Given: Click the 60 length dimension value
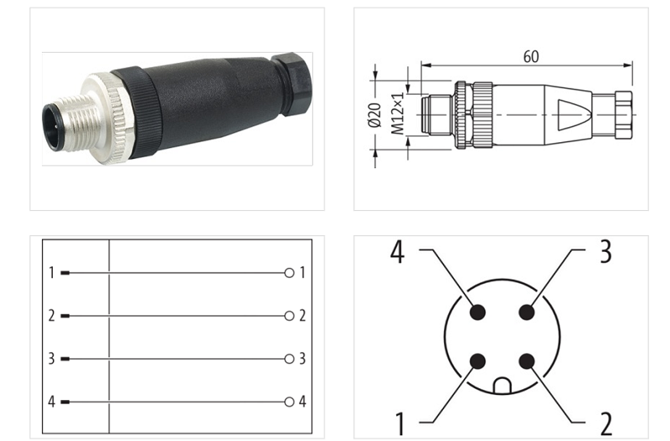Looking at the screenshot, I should click(530, 57).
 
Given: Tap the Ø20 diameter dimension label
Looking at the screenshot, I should click(374, 113).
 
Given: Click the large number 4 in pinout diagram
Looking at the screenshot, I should click(398, 251).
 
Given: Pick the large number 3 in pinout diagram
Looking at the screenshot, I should click(605, 251).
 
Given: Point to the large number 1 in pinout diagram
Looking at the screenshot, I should click(400, 419).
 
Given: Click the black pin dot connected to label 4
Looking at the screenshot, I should click(477, 312).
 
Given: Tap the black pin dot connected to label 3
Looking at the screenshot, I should click(526, 312).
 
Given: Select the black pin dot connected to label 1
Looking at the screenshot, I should click(477, 361).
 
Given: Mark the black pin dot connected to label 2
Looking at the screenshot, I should click(526, 361).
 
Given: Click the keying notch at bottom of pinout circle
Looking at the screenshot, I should click(502, 386).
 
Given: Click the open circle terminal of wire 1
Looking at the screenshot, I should click(289, 273).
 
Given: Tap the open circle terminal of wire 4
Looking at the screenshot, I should click(289, 402).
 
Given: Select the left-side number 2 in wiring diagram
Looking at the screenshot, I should click(51, 316).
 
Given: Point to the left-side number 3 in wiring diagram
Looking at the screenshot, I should click(51, 359).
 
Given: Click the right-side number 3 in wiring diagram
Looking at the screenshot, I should click(302, 359).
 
